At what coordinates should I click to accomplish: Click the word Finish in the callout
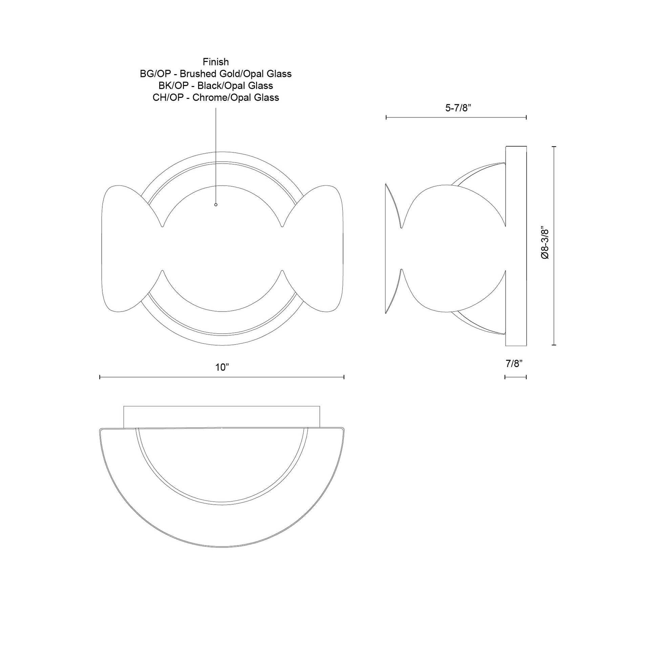(216, 62)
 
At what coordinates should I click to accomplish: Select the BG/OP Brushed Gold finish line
(216, 74)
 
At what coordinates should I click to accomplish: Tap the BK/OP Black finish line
(216, 86)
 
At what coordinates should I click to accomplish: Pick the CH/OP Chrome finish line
(216, 98)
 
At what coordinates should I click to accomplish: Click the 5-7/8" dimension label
(458, 108)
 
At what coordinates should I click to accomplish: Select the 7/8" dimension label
(514, 364)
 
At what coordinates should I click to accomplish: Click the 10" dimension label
(222, 367)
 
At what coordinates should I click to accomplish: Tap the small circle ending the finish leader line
(216, 205)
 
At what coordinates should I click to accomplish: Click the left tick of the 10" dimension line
(100, 377)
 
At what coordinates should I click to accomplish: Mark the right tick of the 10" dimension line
(344, 377)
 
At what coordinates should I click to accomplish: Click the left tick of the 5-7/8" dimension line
(386, 117)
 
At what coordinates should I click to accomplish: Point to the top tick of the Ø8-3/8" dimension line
(554, 147)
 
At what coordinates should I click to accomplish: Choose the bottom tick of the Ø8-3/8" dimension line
(554, 345)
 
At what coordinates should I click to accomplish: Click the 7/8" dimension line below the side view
(515, 377)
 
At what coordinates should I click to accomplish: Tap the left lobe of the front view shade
(126, 248)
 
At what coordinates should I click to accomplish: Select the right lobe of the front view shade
(317, 248)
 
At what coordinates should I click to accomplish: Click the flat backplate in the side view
(516, 246)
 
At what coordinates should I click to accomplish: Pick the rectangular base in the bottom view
(222, 416)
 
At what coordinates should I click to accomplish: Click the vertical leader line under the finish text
(216, 153)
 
